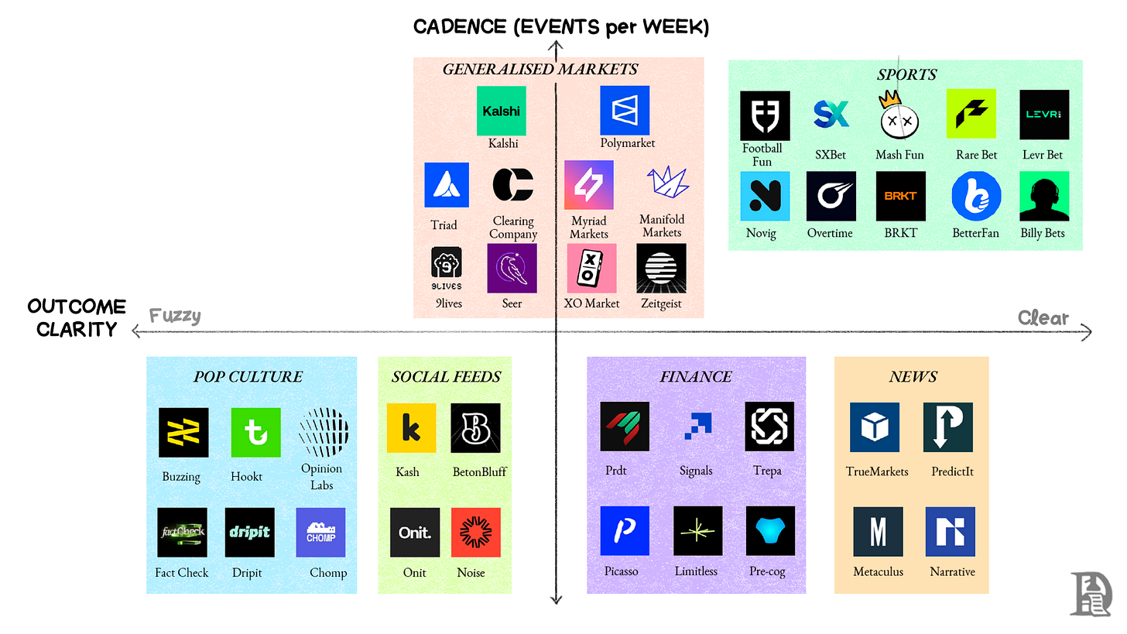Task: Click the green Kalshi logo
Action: point(501,111)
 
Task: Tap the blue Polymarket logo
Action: point(625,111)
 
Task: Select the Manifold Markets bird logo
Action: point(667,182)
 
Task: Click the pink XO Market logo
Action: point(591,269)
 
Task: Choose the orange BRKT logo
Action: point(900,197)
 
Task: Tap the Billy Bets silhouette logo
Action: point(1044,197)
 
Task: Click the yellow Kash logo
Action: point(411,428)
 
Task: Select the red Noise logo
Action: point(476,533)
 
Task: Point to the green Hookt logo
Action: point(255,433)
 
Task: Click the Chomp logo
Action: point(320,533)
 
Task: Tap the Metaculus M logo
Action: point(878,532)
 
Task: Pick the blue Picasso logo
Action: point(625,531)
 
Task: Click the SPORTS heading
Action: point(906,75)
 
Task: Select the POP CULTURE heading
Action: point(248,377)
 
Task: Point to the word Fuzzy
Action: point(175,316)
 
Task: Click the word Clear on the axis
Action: point(1043,317)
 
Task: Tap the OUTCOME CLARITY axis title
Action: point(76,317)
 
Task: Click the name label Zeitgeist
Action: point(660,303)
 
